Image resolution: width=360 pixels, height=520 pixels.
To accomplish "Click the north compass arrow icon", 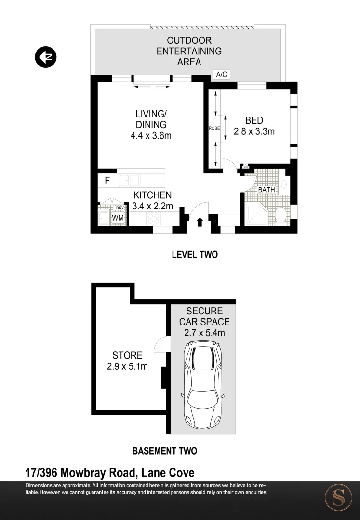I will tap(46, 57).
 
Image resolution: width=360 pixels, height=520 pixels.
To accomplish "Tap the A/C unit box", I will tap(222, 75).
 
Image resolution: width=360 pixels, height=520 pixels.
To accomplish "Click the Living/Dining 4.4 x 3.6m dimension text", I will tap(151, 136).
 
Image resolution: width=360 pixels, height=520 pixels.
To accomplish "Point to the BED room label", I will tap(254, 120).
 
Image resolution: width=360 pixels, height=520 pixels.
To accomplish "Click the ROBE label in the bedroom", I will tap(214, 129).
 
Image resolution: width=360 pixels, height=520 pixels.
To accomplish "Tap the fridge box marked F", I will tap(107, 181).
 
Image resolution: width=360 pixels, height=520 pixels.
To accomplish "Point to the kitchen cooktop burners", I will tap(154, 218).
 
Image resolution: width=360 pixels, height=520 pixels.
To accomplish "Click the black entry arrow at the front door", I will tap(200, 221).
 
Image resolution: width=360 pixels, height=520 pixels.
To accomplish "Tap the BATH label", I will tap(267, 190).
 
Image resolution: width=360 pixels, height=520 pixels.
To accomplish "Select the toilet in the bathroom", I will tap(280, 215).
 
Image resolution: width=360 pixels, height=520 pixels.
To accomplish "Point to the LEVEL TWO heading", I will tap(195, 255).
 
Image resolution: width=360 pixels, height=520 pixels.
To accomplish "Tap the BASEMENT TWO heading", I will tap(164, 451).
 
